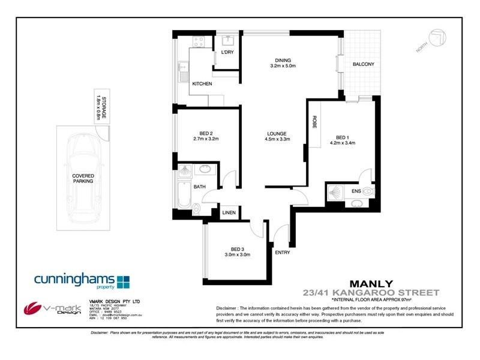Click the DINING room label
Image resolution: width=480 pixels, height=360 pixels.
(x=283, y=61)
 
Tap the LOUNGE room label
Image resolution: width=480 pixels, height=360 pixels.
(x=277, y=134)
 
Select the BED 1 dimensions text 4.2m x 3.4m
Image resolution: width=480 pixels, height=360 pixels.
(x=342, y=143)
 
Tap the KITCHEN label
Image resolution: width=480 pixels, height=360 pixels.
(x=202, y=84)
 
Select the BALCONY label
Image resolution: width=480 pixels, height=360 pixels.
(x=364, y=65)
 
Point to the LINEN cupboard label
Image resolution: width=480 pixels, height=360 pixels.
(x=229, y=213)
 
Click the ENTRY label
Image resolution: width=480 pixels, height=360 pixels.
(x=282, y=253)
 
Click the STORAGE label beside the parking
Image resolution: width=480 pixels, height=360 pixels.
(x=104, y=107)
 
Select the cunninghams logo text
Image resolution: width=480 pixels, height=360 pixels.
(x=73, y=280)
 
